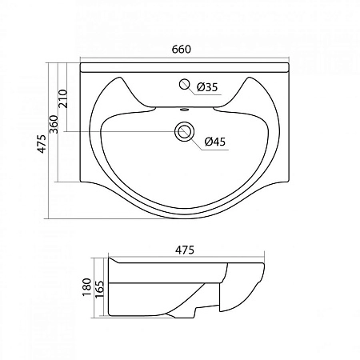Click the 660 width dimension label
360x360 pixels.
click(x=180, y=50)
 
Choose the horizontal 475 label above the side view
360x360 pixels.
click(x=185, y=248)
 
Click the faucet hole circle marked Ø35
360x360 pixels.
click(x=186, y=85)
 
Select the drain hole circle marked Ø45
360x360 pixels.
click(x=186, y=131)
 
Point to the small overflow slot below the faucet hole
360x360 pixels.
click(x=185, y=110)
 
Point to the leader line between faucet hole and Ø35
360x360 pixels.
click(x=193, y=86)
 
